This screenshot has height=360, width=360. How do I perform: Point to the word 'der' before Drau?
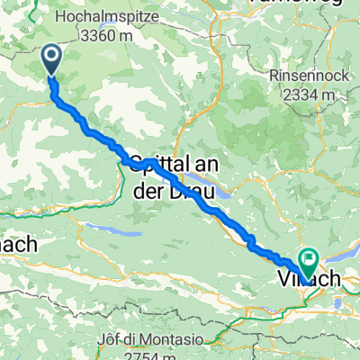pos(153,186)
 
